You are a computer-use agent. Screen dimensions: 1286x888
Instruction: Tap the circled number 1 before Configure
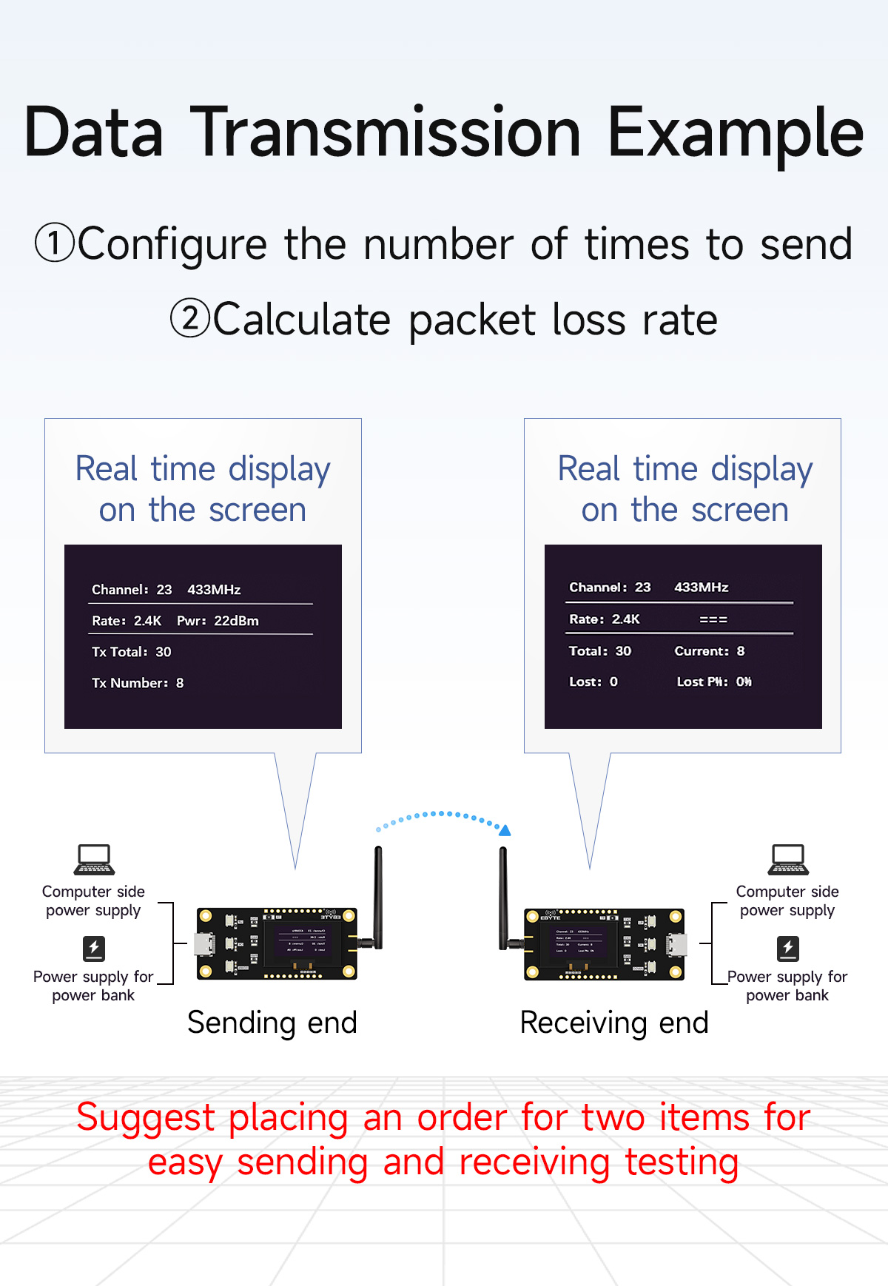coord(55,243)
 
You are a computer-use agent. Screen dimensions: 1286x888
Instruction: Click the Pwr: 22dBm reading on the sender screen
coord(218,621)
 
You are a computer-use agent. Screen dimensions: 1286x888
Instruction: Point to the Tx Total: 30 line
coord(131,652)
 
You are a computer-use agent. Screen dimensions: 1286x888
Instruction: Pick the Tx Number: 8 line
coord(138,683)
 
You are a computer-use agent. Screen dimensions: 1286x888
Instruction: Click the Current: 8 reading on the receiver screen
coord(709,651)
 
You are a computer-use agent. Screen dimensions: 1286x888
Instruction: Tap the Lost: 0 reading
coord(593,681)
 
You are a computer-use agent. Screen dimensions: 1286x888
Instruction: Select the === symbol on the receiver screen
coord(713,619)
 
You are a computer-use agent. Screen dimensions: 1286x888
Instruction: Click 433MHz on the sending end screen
coord(214,590)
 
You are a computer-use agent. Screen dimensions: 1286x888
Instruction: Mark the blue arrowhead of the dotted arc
coord(505,831)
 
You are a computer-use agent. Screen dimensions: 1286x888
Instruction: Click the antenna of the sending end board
coord(378,895)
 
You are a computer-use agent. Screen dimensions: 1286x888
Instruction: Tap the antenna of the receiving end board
coord(503,895)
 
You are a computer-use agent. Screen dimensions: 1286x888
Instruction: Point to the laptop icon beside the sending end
coord(94,859)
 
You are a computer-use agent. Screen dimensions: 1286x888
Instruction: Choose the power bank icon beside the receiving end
coord(787,948)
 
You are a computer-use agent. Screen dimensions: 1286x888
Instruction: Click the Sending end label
coord(272,1023)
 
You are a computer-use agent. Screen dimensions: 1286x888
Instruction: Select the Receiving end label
coord(614,1023)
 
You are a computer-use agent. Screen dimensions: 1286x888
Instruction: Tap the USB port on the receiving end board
coord(677,945)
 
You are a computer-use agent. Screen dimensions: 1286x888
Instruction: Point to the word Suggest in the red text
coord(145,1118)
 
